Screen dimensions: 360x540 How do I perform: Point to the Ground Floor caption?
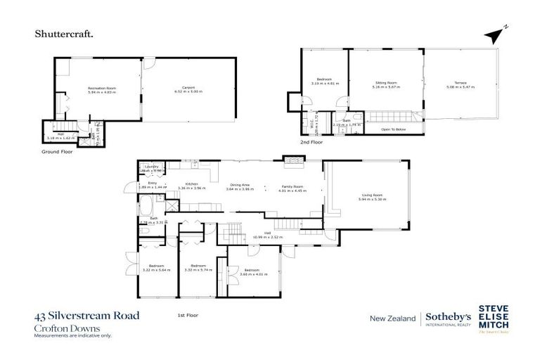pos(57,151)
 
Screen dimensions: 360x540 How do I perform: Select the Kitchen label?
pos(190,186)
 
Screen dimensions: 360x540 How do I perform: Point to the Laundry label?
pos(151,166)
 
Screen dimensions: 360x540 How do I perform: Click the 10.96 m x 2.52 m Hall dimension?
pos(268,236)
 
